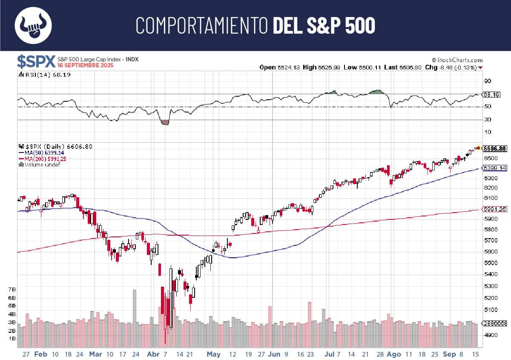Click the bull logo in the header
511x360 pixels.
(x=33, y=25)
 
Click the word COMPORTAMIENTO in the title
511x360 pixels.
(x=202, y=26)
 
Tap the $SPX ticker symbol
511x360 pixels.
(x=36, y=62)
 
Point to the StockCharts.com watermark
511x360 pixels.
(x=457, y=60)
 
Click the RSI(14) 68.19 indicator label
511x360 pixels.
(x=45, y=75)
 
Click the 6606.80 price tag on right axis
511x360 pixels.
(x=496, y=148)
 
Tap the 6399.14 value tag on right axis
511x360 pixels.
(x=496, y=168)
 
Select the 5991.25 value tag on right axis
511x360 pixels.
(x=496, y=209)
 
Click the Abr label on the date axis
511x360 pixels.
(x=152, y=354)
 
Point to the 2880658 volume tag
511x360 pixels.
(x=496, y=323)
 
